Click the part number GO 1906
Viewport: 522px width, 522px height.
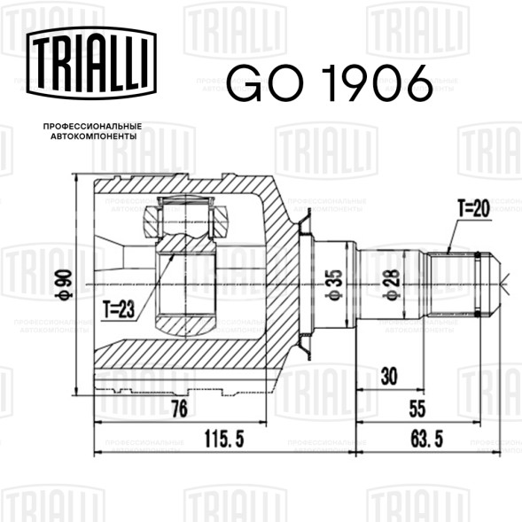click(330, 83)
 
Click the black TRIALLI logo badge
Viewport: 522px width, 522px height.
click(91, 63)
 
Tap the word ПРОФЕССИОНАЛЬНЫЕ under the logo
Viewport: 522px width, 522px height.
click(92, 127)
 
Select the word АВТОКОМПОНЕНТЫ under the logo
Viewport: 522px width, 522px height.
click(94, 136)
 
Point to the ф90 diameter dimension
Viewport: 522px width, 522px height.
click(64, 284)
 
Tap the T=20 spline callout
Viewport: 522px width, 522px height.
click(473, 208)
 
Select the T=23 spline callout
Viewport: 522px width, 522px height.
click(119, 309)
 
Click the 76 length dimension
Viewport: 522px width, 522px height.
click(180, 409)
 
